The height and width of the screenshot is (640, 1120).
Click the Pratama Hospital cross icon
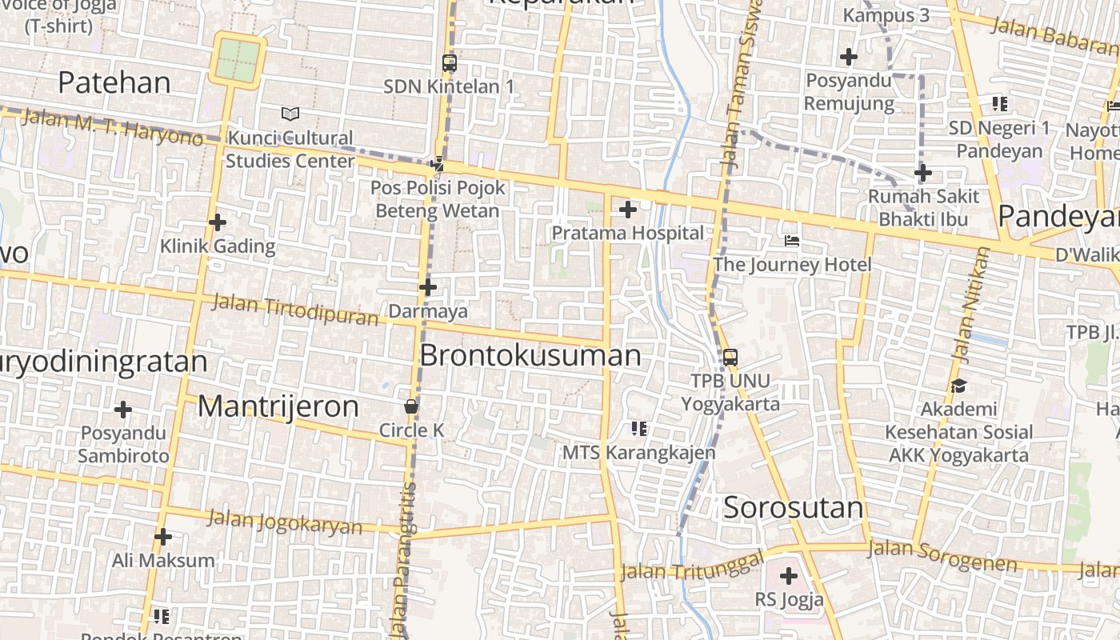[x=628, y=210]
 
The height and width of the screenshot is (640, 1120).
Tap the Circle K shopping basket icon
[x=411, y=406]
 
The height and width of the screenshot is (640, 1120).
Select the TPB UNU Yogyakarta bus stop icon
[x=730, y=357]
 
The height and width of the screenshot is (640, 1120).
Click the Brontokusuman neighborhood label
[x=530, y=355]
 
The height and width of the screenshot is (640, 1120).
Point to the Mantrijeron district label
[x=278, y=406]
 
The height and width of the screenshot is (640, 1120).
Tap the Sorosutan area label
[x=794, y=507]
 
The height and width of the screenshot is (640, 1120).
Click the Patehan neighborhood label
[x=114, y=82]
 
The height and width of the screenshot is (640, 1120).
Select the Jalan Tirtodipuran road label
[x=294, y=310]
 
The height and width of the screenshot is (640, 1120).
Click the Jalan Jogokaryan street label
[x=285, y=521]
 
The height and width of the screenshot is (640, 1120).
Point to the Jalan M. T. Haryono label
[x=113, y=127]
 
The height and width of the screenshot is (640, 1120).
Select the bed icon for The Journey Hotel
[x=792, y=241]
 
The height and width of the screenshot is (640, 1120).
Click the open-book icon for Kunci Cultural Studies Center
[x=290, y=114]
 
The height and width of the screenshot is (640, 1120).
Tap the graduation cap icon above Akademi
[x=958, y=386]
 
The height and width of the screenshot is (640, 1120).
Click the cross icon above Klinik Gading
[x=217, y=222]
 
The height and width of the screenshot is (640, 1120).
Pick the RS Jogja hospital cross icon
[x=789, y=575]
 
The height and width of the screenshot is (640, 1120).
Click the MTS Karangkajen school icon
[x=638, y=429]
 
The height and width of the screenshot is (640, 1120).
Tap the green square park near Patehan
[x=238, y=59]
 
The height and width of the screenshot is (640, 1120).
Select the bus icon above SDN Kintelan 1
[x=449, y=62]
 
